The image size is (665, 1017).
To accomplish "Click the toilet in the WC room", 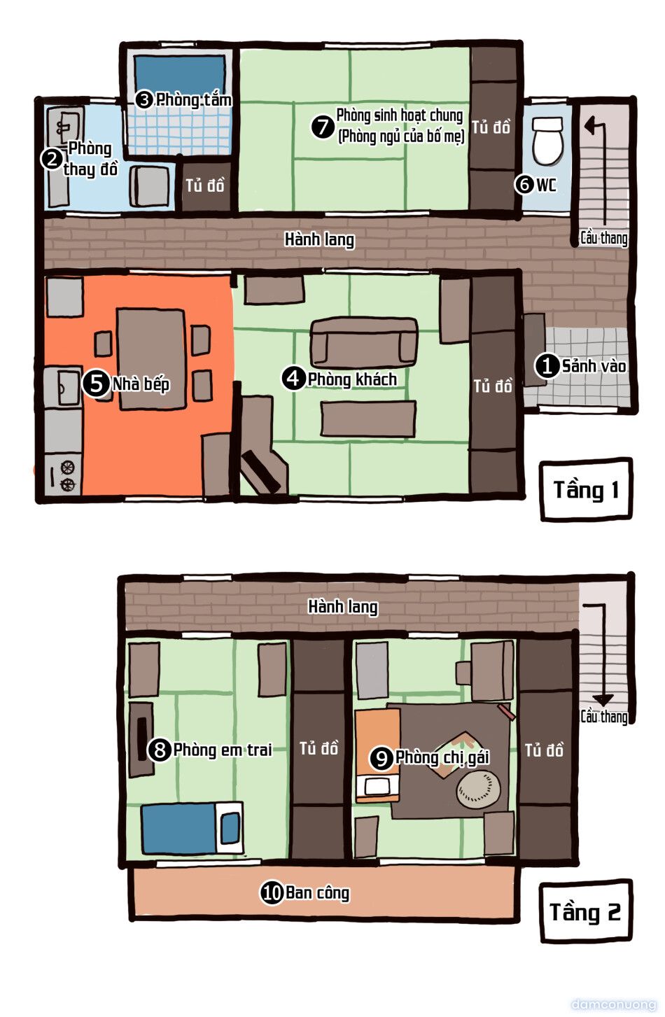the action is (547, 141).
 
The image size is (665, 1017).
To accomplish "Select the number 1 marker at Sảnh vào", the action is (547, 365).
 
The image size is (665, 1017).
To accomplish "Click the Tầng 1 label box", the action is (586, 489).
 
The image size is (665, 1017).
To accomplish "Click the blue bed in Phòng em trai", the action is (192, 827).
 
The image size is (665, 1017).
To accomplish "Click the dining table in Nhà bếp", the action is (152, 358).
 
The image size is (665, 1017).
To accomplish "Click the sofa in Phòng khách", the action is (363, 342).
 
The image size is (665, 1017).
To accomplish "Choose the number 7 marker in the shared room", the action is (323, 127).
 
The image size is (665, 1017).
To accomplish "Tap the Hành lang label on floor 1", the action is (319, 239).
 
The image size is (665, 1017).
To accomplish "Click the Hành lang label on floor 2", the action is (343, 607).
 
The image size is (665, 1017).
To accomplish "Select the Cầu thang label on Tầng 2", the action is (604, 717).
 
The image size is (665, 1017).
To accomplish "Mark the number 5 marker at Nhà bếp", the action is (96, 384).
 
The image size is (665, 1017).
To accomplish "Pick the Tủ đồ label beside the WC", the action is (491, 127).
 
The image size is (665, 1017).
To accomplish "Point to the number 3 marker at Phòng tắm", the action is (144, 99).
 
